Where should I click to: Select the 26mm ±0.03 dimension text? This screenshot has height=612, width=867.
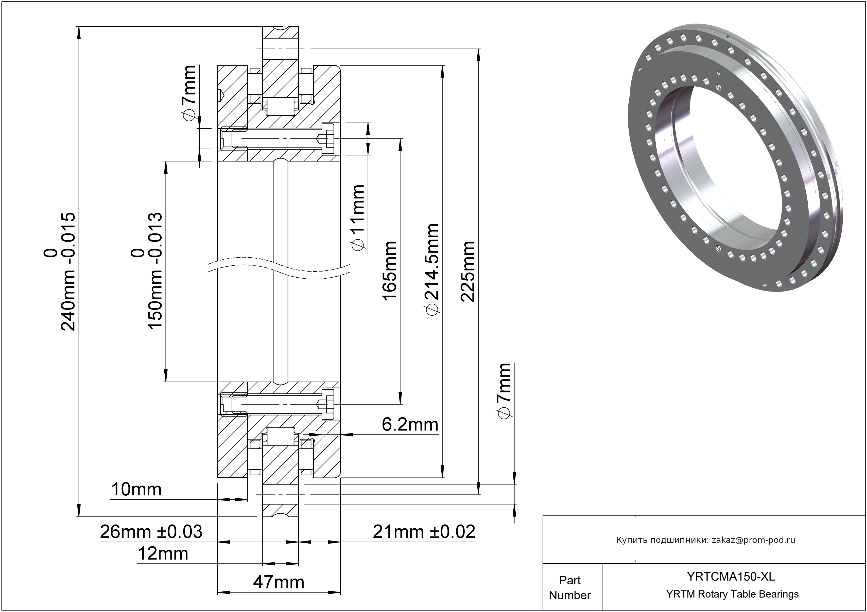[x=151, y=532]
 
